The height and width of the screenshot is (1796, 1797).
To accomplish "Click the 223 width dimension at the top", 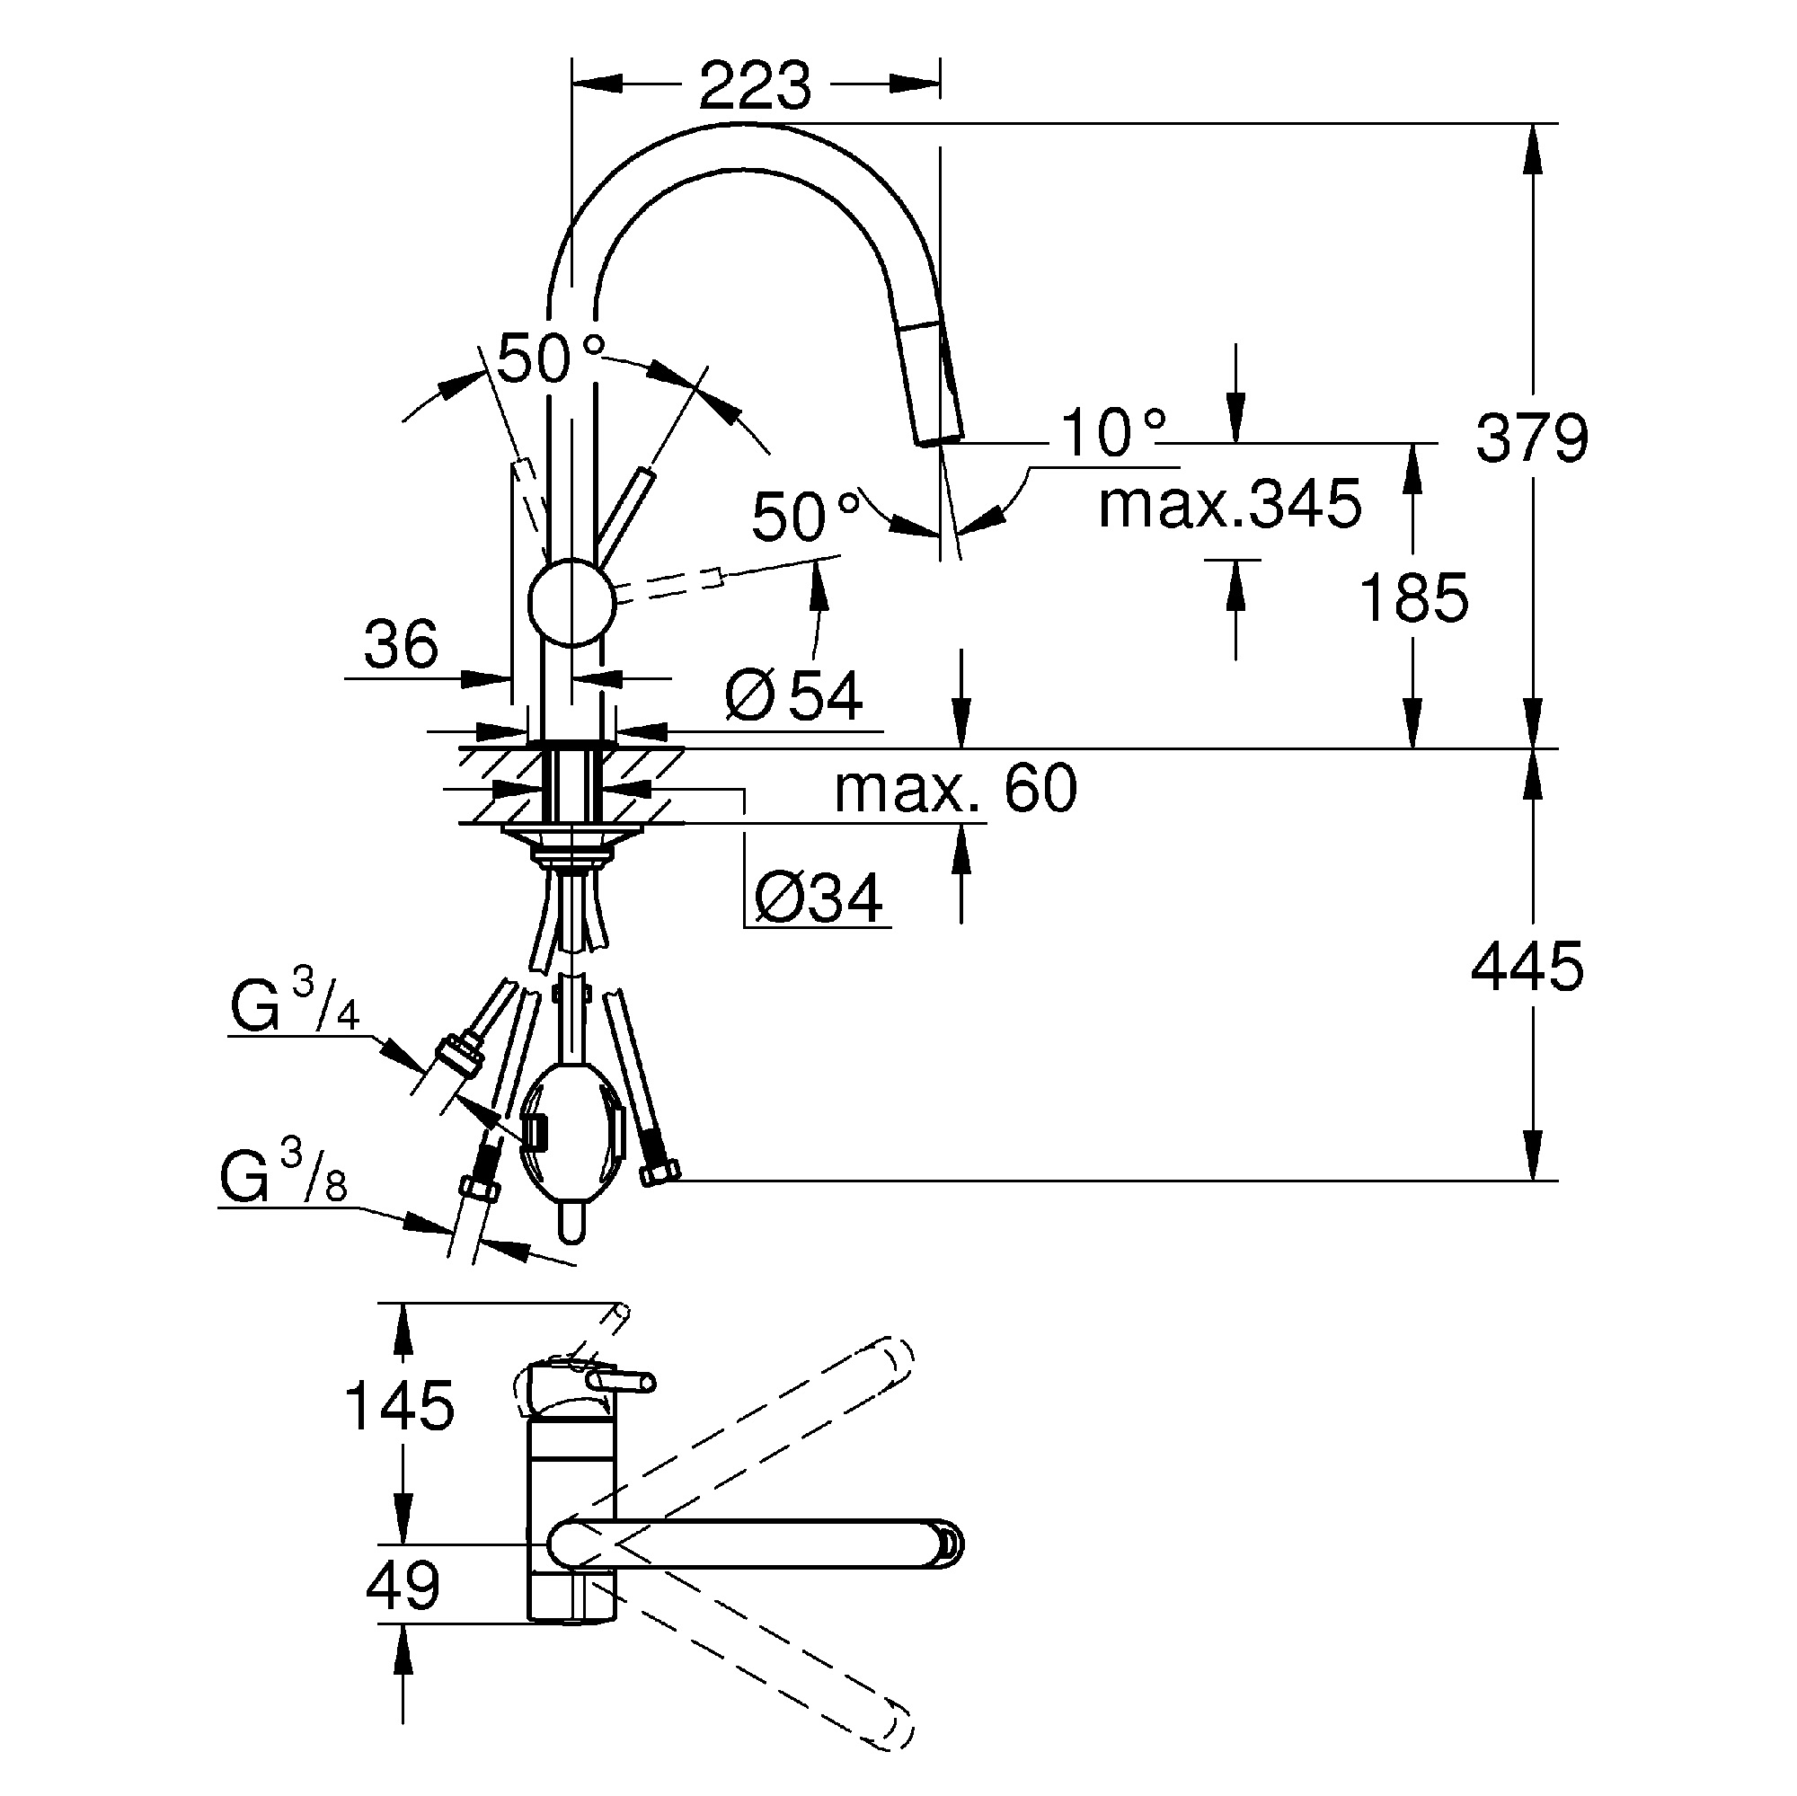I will click(755, 86).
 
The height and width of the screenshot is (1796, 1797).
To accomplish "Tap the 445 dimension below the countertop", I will click(1527, 967).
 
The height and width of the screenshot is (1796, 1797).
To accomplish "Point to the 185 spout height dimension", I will click(1413, 597).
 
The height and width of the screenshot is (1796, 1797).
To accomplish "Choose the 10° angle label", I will click(1112, 433).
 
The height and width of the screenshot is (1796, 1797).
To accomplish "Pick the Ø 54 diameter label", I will click(793, 695).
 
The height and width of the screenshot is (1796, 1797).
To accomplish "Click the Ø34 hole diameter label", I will click(818, 898).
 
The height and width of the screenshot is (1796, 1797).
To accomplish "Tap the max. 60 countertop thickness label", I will click(955, 789).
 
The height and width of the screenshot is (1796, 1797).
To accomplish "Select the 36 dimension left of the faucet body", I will click(401, 643).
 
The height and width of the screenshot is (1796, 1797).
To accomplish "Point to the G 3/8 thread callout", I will click(284, 1177).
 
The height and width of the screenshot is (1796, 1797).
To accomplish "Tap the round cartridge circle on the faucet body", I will click(571, 603).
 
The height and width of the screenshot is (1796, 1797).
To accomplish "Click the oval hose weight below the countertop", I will click(570, 1137).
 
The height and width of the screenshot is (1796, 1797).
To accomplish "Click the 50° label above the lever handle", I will click(549, 358).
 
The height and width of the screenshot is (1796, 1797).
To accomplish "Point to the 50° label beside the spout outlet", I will click(804, 518).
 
